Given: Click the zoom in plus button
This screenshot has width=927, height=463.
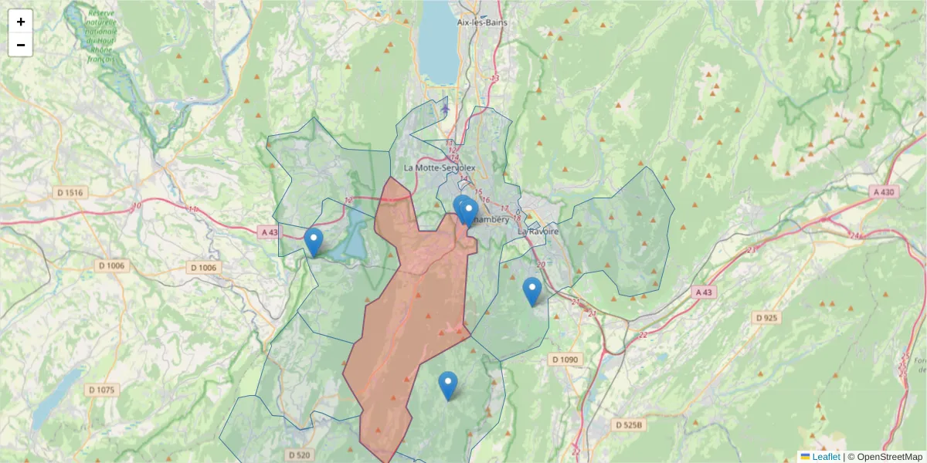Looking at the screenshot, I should click(x=21, y=22).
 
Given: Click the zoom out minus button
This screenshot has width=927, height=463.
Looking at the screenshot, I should click(x=21, y=45).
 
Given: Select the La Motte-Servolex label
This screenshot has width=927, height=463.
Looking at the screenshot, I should click(x=440, y=167).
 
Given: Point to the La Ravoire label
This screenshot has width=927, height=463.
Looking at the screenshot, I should click(x=538, y=231).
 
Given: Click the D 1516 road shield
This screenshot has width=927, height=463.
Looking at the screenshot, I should click(x=70, y=191).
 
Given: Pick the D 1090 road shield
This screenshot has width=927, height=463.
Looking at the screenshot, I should click(x=565, y=360).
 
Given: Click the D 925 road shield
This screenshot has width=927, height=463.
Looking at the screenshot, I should click(x=766, y=318).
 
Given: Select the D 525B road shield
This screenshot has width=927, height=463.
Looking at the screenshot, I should click(x=630, y=424).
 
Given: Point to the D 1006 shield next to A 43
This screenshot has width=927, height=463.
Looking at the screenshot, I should click(x=204, y=268).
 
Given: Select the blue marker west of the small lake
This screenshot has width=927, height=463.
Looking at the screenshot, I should click(x=313, y=242).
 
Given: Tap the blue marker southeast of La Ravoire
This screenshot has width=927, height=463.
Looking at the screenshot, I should click(x=531, y=291).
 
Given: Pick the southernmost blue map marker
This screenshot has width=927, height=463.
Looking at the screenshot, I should click(x=447, y=385).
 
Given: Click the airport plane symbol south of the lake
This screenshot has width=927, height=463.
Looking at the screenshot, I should click(x=445, y=109).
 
